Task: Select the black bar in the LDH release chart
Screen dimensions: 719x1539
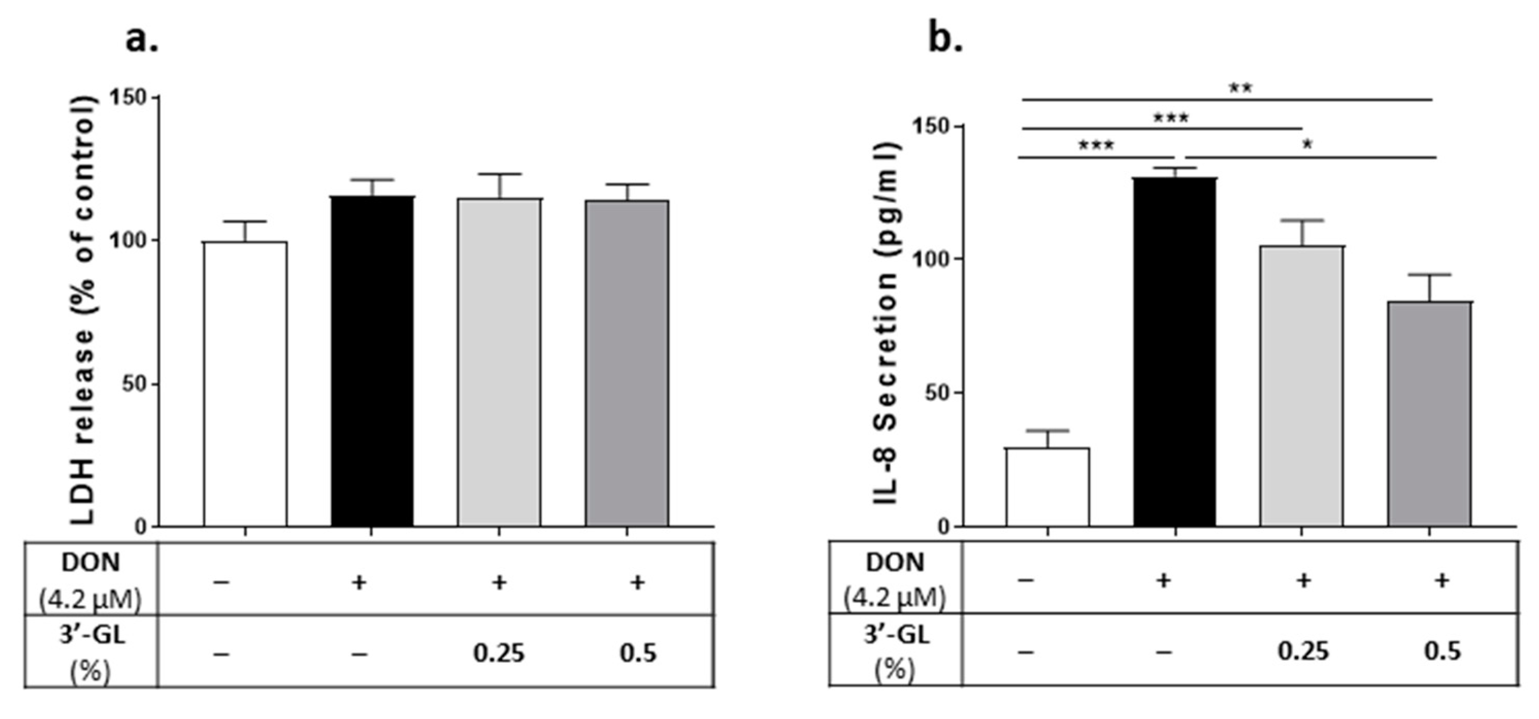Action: coord(372,361)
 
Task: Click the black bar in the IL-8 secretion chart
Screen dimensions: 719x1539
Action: coord(1174,353)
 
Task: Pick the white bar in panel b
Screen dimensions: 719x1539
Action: coord(1047,487)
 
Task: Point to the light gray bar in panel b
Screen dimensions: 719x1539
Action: coord(1302,386)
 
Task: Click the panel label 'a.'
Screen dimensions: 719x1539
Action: coord(142,39)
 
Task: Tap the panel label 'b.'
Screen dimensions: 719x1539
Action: coord(945,39)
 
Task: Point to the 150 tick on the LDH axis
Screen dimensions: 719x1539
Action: coord(128,97)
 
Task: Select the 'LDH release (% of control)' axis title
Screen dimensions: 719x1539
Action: coord(83,310)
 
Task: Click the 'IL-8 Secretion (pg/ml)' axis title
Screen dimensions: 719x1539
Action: coord(887,323)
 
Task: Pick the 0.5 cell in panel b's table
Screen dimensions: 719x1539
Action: coord(1442,651)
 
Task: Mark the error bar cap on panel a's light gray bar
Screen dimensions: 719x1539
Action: coord(499,174)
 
